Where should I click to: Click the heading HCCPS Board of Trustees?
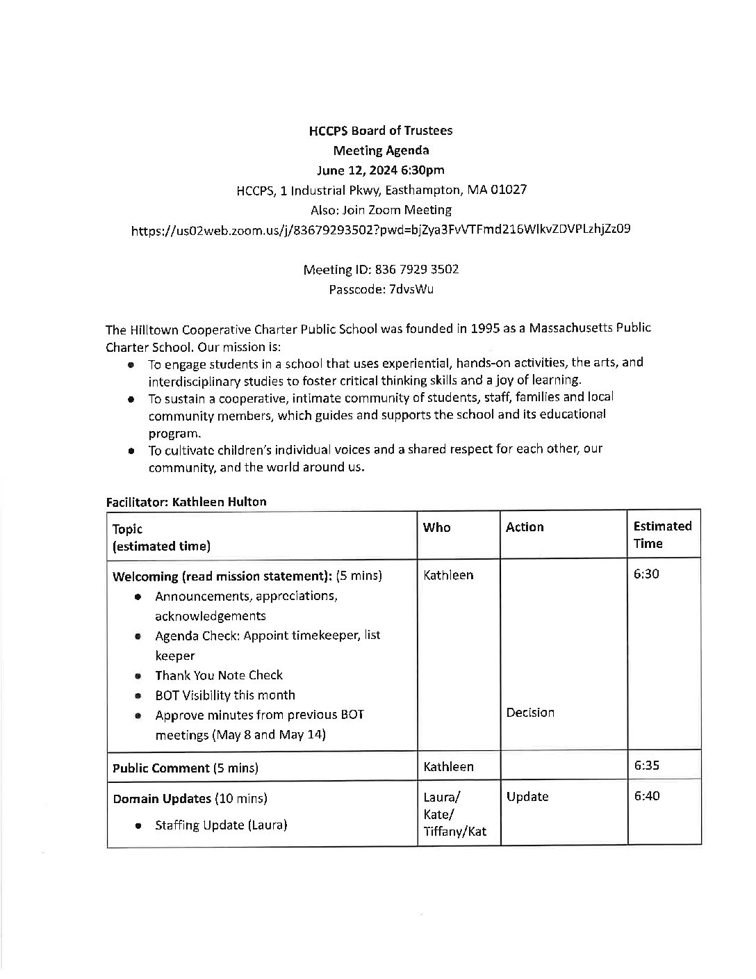pyautogui.click(x=380, y=131)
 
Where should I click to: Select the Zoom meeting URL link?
pyautogui.click(x=381, y=229)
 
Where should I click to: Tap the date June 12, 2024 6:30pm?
pyautogui.click(x=380, y=170)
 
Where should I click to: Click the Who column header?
pyautogui.click(x=436, y=527)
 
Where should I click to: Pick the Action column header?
pyautogui.click(x=525, y=527)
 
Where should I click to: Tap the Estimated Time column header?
pyautogui.click(x=662, y=535)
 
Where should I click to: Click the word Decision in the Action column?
pyautogui.click(x=530, y=713)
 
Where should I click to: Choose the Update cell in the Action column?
pyautogui.click(x=527, y=797)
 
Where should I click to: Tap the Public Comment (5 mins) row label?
pyautogui.click(x=186, y=768)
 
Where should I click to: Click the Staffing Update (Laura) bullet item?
pyautogui.click(x=221, y=825)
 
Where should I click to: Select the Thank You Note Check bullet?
pyautogui.click(x=219, y=675)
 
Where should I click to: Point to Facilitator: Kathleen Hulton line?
pyautogui.click(x=186, y=501)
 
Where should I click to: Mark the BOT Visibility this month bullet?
pyautogui.click(x=225, y=695)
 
